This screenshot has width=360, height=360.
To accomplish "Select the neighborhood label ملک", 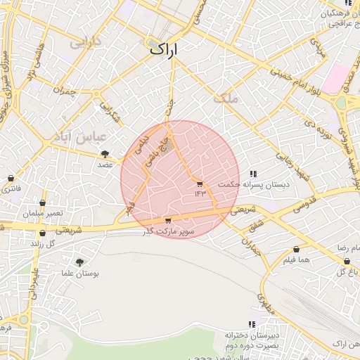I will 229,99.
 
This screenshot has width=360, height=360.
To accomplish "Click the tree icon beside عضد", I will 105,154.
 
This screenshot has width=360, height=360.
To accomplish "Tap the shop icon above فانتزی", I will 11,179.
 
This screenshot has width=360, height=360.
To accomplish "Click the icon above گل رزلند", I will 42,233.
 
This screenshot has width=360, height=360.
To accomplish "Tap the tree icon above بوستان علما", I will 79,261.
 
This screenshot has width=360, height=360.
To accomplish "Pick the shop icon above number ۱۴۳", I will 200,184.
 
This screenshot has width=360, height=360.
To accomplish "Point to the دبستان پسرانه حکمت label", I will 244,184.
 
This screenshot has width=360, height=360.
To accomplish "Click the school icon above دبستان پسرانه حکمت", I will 253,174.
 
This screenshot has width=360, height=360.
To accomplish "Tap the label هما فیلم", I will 295,260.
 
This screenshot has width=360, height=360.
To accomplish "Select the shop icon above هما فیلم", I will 297,250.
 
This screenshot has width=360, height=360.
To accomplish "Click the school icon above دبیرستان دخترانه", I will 252,324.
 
